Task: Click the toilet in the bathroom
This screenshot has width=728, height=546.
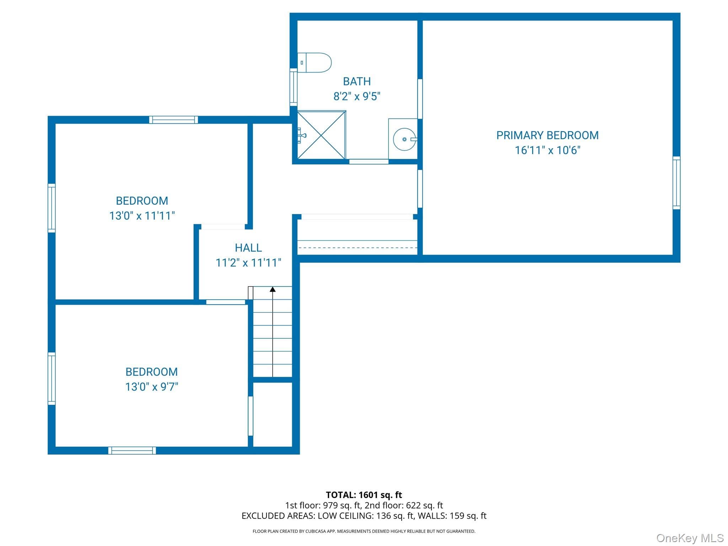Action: [314, 63]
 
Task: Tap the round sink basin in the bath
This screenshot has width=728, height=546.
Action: [405, 139]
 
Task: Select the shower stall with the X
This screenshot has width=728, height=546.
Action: [321, 135]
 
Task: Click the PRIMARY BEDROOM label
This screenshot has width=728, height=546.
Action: [547, 135]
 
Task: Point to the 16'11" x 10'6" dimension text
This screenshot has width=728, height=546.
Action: [547, 150]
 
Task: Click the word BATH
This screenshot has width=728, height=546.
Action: [357, 81]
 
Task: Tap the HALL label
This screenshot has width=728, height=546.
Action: [248, 248]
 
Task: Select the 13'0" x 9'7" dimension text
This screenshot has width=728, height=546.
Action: [151, 387]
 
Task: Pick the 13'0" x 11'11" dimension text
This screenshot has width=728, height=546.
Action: [142, 216]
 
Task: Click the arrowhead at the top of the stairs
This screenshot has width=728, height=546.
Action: [273, 289]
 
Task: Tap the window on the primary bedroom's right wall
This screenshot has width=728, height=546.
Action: [676, 183]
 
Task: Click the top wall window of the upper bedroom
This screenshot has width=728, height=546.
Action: [173, 120]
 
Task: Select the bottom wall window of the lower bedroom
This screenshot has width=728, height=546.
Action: [132, 450]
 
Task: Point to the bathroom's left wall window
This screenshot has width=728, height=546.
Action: [294, 87]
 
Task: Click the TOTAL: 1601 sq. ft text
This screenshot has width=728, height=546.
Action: [364, 495]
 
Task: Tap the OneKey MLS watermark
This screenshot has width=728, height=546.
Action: [690, 538]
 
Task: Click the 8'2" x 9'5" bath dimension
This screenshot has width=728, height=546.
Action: [357, 96]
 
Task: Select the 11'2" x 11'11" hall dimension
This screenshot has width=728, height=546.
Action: [248, 263]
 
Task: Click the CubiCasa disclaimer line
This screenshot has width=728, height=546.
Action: [364, 531]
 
